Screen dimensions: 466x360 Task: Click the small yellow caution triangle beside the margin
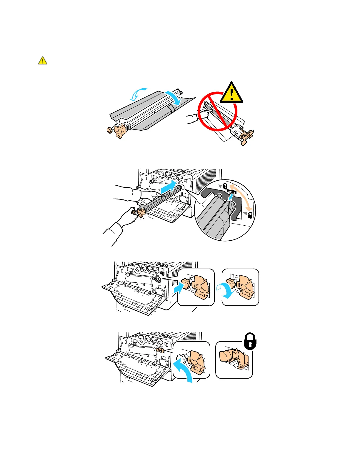43,61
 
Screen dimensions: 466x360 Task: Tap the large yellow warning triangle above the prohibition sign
231,94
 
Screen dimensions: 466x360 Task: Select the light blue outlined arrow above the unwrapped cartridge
136,94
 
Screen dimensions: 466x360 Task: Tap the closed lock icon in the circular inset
225,186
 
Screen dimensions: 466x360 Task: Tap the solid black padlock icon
250,341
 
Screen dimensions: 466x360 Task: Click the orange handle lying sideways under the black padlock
234,359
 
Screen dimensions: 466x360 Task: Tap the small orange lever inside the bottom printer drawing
160,350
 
